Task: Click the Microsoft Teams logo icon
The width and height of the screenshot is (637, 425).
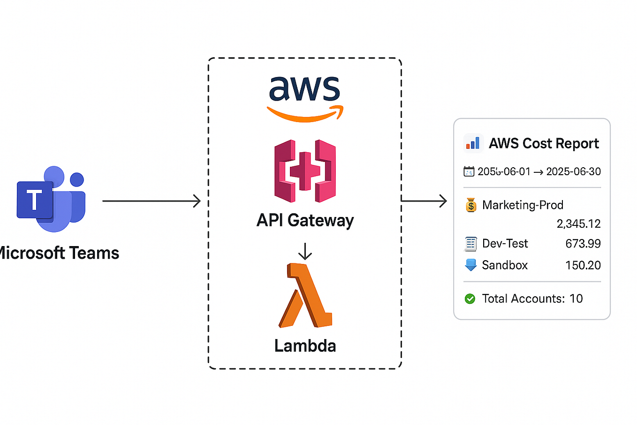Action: click(51, 200)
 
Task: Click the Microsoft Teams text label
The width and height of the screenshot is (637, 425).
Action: click(59, 253)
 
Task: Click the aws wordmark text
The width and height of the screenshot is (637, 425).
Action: click(304, 89)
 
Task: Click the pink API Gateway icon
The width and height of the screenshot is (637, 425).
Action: click(305, 171)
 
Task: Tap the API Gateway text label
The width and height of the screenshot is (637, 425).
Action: click(305, 220)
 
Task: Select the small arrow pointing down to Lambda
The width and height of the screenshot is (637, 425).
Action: click(305, 251)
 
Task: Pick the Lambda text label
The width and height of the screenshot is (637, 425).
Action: click(305, 346)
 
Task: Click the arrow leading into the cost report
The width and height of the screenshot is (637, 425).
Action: click(424, 201)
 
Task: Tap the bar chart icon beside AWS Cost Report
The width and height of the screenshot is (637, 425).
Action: click(473, 143)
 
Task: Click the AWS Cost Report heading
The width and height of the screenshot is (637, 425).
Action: click(544, 143)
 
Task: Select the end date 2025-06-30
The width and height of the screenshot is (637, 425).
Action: click(573, 172)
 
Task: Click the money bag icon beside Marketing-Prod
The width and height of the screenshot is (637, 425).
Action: click(471, 205)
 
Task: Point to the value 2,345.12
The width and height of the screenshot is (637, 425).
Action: click(578, 224)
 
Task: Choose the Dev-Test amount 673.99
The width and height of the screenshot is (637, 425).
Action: click(583, 244)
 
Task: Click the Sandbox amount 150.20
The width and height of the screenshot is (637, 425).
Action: click(583, 265)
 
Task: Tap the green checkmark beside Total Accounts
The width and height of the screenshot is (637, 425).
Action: click(470, 299)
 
